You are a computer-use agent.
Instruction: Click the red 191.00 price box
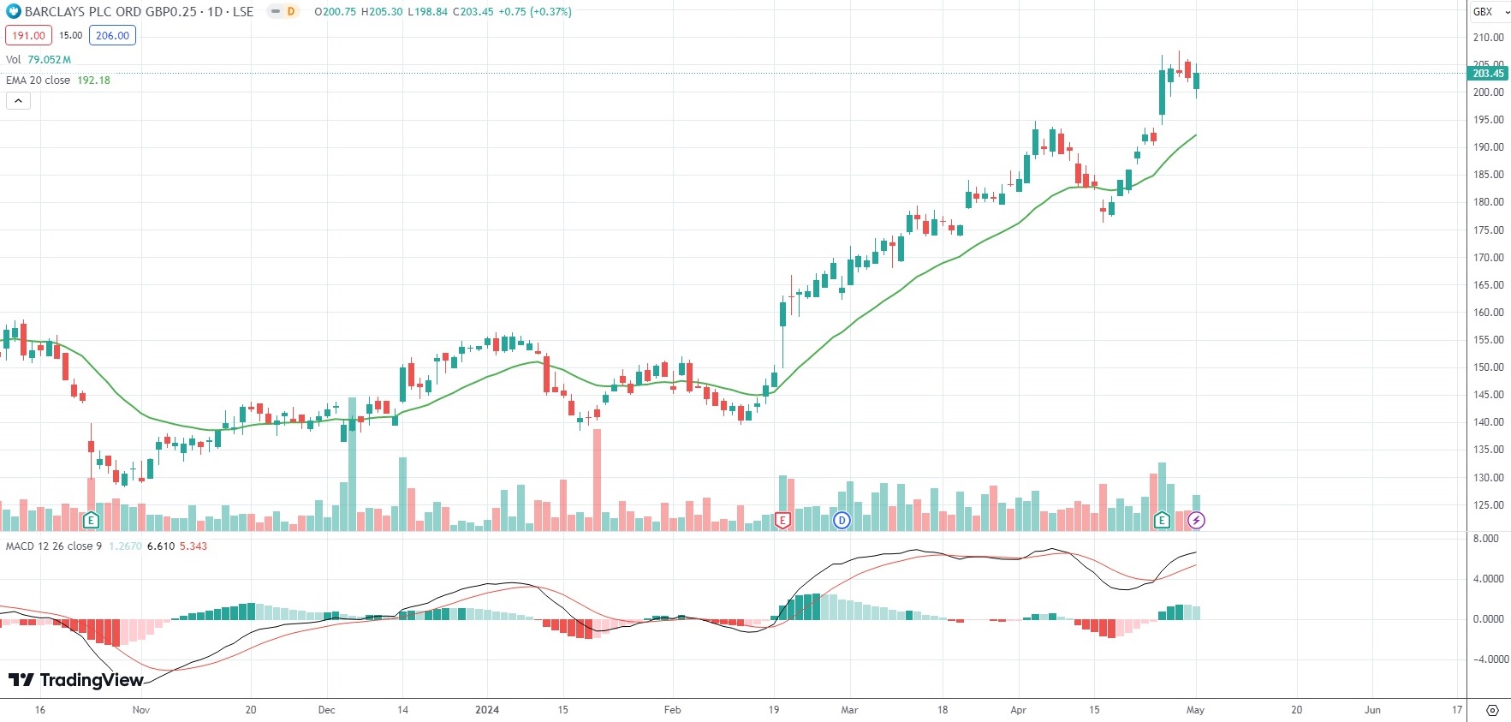pos(28,36)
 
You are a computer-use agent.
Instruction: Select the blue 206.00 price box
pos(112,36)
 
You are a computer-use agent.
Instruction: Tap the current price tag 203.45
pos(1488,74)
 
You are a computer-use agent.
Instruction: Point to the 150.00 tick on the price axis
pos(1488,367)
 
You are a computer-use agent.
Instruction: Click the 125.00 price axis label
pos(1488,505)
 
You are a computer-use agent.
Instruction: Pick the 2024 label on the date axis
pos(487,710)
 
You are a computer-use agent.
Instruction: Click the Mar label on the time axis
pos(849,710)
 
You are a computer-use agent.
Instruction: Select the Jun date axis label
pos(1372,710)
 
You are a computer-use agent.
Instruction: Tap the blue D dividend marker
pos(842,520)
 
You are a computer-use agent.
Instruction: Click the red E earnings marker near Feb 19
pos(782,520)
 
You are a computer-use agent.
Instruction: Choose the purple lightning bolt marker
pos(1196,520)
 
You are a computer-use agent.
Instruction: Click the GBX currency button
pos(1488,12)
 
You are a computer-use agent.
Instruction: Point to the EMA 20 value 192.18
pos(93,81)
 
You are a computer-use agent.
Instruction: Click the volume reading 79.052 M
pos(49,60)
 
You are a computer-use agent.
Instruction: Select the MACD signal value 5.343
pos(193,546)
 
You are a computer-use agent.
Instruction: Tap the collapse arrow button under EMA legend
pos(18,101)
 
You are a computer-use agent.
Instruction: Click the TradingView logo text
pos(77,680)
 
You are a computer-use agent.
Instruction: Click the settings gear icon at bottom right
pos(1492,710)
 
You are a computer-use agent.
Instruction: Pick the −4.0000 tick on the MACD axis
pos(1490,659)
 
